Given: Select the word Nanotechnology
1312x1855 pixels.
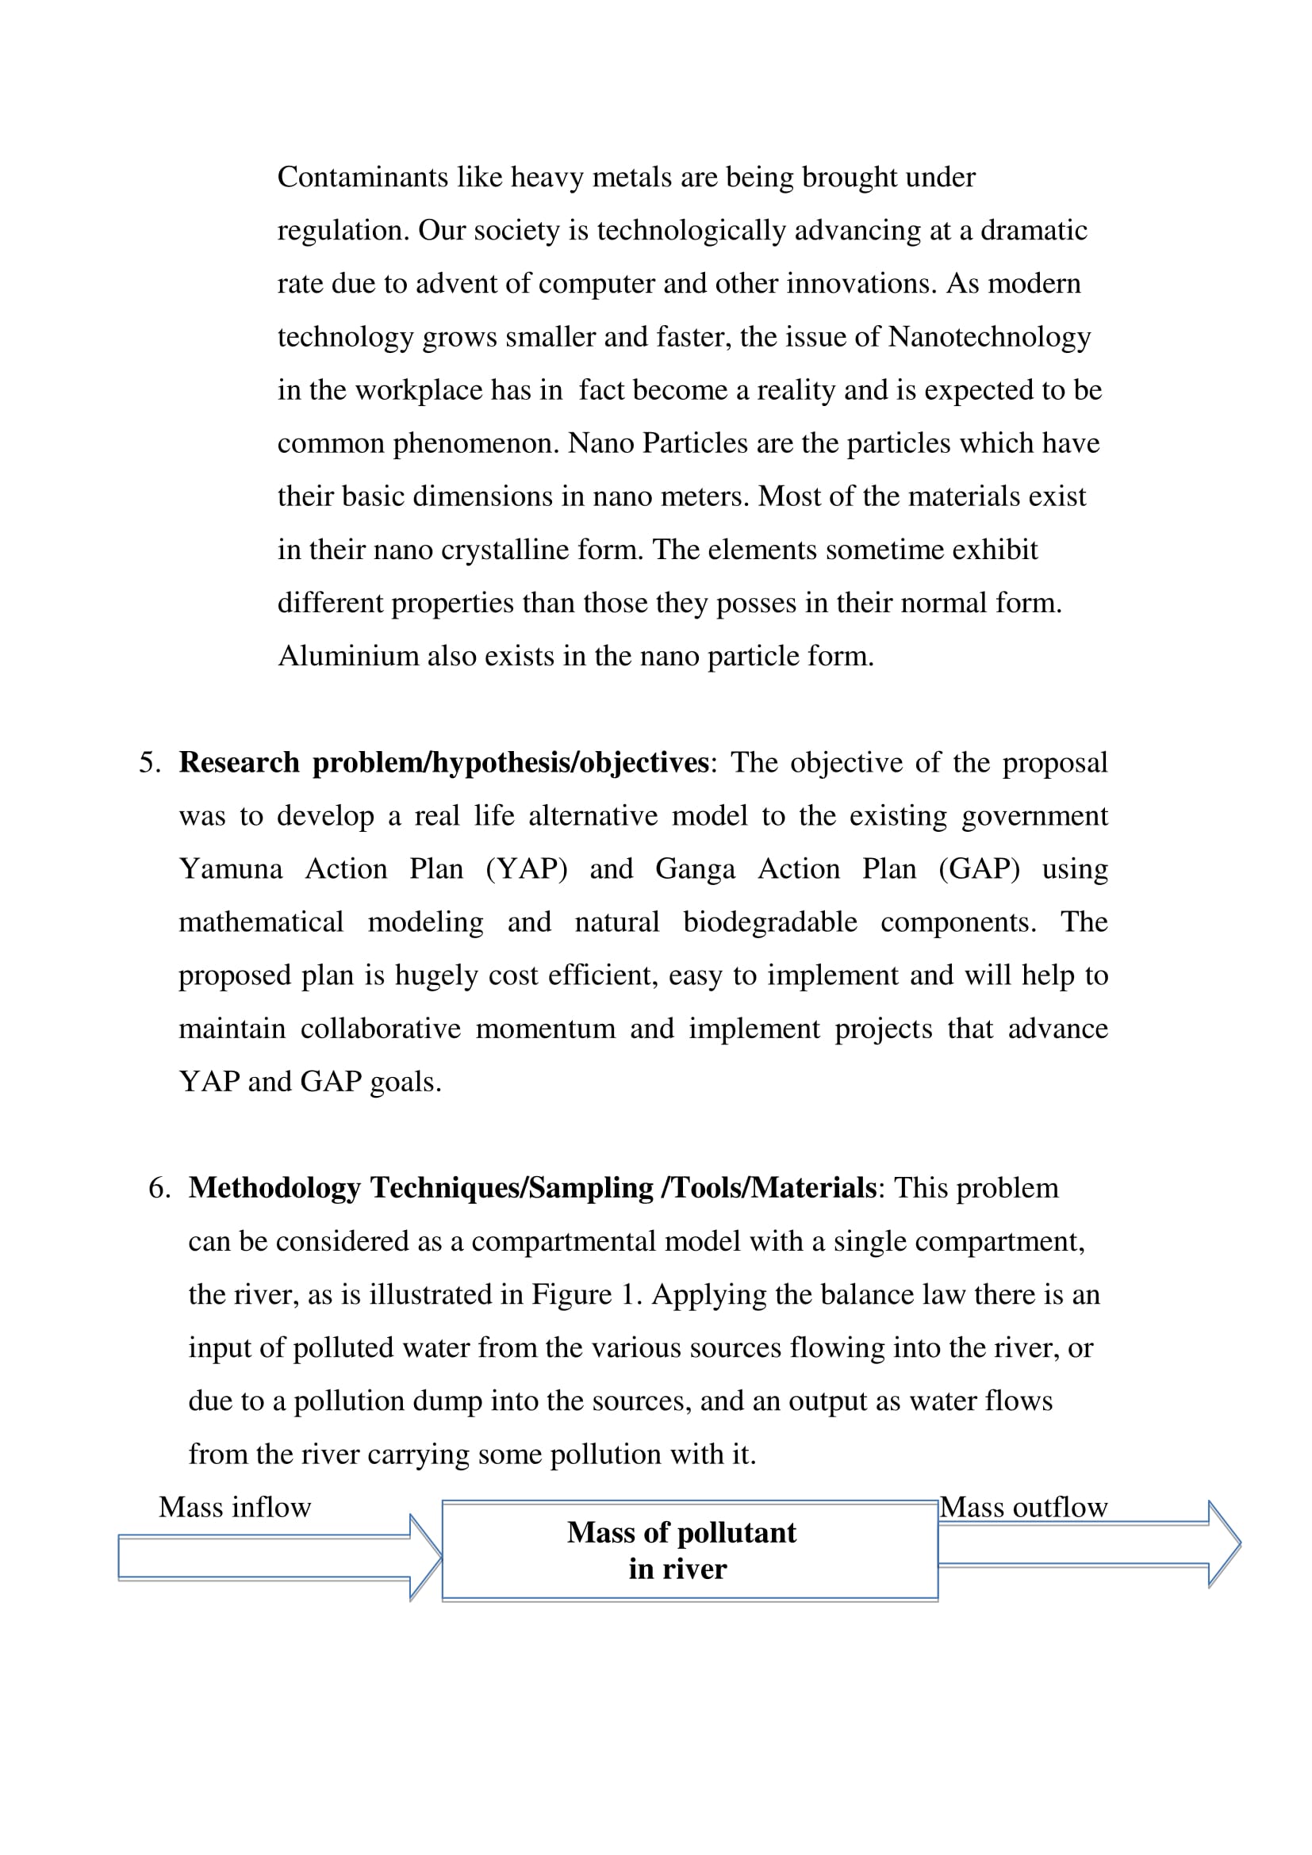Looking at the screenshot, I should pos(990,337).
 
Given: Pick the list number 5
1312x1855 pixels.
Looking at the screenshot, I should pos(149,763).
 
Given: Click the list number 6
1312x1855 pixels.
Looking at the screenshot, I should pos(159,1189).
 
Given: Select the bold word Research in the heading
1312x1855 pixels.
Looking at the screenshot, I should pos(239,763).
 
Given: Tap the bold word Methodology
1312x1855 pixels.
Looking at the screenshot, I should pos(274,1189).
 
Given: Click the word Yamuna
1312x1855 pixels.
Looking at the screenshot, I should pos(231,869).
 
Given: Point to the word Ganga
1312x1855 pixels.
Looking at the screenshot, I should pos(695,869).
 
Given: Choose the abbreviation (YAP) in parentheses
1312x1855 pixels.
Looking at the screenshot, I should pos(527,869).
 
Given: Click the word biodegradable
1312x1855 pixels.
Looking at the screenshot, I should pos(770,922).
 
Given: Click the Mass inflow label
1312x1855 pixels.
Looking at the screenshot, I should pos(234,1508).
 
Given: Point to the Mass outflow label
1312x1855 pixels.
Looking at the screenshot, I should pos(1022,1508).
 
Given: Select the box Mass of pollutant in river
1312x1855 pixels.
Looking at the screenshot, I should pos(690,1550).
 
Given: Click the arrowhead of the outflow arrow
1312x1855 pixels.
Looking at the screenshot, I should pos(1224,1544).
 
